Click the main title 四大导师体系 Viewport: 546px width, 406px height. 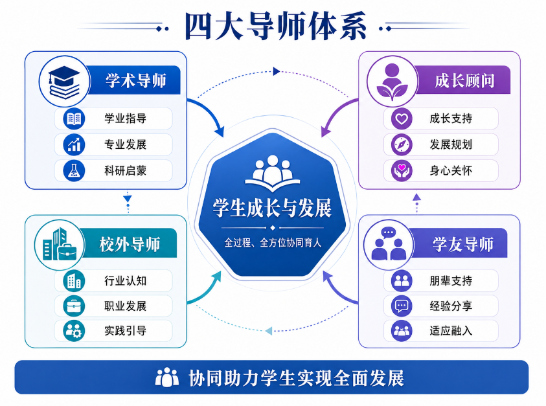coord(275,26)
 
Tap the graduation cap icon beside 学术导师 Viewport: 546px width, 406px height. coord(64,82)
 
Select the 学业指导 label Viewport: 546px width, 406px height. coord(126,118)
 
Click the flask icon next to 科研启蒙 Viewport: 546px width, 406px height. coord(74,170)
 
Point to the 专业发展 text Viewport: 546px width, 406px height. coord(126,144)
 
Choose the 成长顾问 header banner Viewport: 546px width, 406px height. coord(464,80)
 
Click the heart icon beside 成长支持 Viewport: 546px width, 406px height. coord(402,118)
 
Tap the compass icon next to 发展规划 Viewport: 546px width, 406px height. coord(402,144)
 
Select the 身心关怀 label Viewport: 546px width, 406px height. coord(451,170)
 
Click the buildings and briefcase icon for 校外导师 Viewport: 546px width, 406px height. coord(60,245)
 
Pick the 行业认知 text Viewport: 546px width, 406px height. coord(126,280)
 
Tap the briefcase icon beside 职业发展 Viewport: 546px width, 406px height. coord(74,306)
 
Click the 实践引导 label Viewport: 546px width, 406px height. coord(126,330)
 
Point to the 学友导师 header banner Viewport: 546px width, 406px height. coord(460,243)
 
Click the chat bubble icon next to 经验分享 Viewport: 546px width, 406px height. coord(402,306)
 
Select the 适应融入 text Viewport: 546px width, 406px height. coord(451,330)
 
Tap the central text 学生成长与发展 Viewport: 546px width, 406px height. coord(272,209)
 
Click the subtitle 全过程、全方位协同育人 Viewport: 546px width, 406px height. coord(273,242)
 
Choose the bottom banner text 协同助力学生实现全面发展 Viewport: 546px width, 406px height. coord(297,378)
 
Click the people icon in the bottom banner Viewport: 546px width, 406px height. coord(167,377)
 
